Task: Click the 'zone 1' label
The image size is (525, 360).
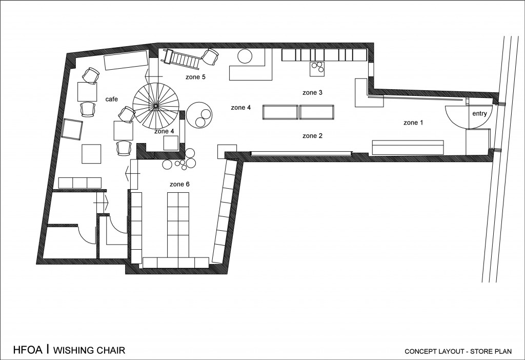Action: [x=413, y=123]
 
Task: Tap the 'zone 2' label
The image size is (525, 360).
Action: [x=312, y=135]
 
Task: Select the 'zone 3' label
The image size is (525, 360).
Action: [x=312, y=92]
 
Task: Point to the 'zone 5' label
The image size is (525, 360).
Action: [x=195, y=77]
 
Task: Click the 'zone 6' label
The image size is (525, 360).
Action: [x=179, y=184]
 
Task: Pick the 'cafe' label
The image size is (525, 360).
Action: [x=111, y=99]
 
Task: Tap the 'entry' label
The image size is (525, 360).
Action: [x=479, y=114]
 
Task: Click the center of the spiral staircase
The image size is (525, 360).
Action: [x=156, y=106]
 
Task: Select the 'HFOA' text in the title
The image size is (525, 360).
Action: [x=28, y=350]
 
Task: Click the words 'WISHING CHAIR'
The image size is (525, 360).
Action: [x=89, y=350]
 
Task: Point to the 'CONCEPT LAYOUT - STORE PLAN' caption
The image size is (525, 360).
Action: [x=458, y=351]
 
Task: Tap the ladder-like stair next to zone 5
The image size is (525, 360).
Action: [x=183, y=58]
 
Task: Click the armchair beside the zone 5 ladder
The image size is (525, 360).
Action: [x=210, y=56]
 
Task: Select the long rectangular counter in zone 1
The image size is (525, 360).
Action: [x=408, y=148]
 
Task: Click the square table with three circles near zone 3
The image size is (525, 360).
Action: [x=317, y=69]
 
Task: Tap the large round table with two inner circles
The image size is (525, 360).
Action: [x=199, y=114]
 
